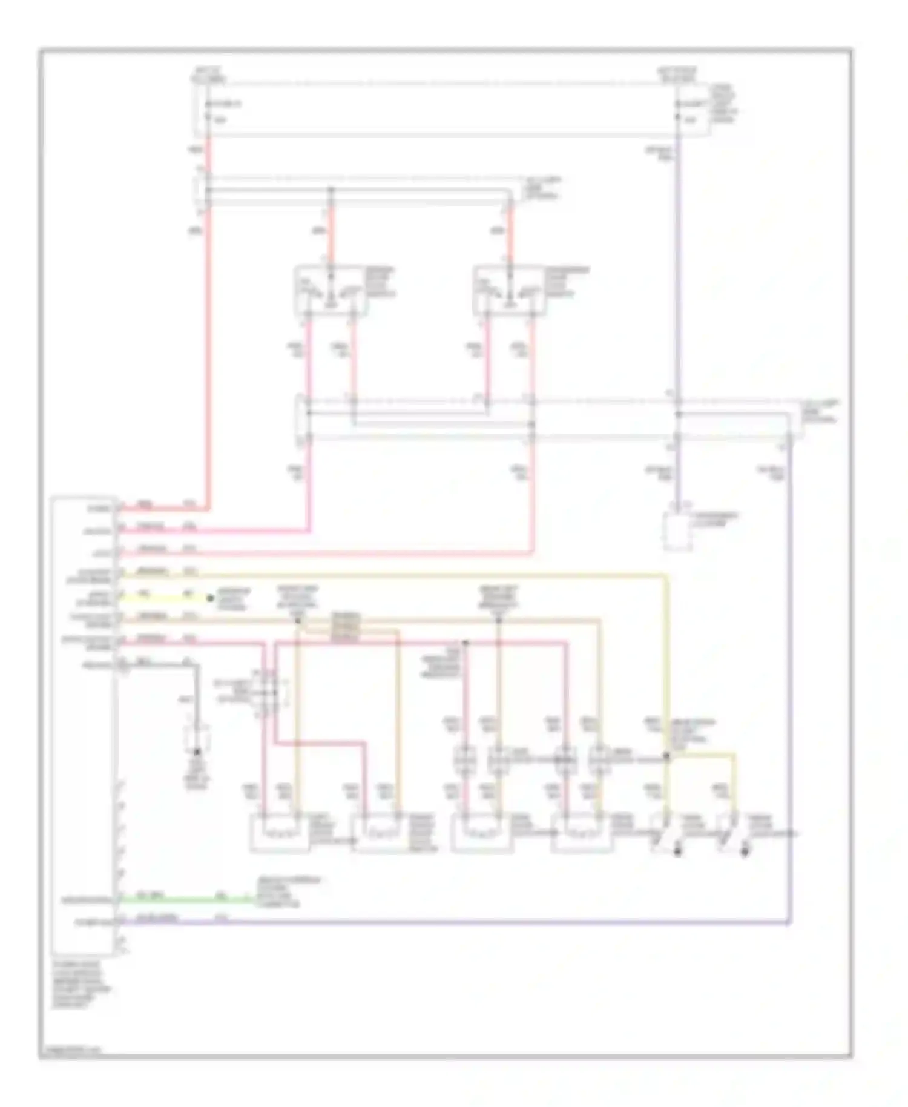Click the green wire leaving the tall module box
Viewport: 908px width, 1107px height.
[182, 900]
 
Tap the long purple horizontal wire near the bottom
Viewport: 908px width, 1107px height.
[454, 923]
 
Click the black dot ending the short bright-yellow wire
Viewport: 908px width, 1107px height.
[210, 598]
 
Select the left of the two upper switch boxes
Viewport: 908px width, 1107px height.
[330, 291]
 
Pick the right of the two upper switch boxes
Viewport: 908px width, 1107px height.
[509, 291]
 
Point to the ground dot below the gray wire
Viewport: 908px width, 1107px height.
[197, 752]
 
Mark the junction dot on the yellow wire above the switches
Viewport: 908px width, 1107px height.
[666, 756]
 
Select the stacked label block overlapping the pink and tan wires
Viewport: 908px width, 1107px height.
[345, 627]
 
